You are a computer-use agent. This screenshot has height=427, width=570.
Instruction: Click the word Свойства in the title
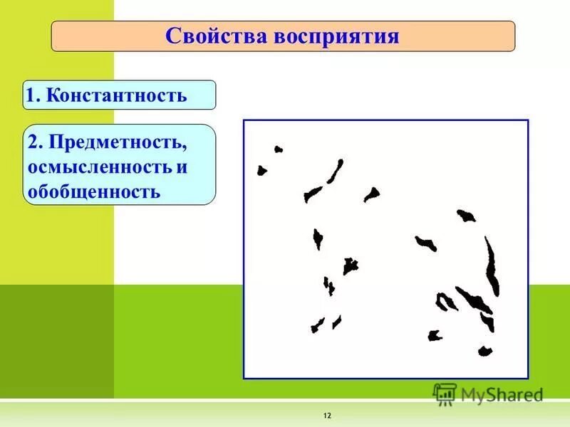[x=214, y=36]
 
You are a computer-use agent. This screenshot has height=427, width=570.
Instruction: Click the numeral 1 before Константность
[x=31, y=95]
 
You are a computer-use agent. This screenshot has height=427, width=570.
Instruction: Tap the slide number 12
[x=328, y=415]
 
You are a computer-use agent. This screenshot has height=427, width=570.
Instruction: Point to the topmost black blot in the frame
[x=279, y=149]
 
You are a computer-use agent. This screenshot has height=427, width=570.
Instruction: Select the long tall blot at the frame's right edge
[x=492, y=267]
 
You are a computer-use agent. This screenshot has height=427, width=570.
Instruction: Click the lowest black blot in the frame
[x=485, y=351]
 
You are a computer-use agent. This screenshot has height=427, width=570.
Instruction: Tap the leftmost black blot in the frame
[x=261, y=171]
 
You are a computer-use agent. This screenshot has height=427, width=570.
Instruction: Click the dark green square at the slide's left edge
[x=56, y=341]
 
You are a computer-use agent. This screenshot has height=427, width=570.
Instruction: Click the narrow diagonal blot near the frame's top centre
[x=336, y=171]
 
